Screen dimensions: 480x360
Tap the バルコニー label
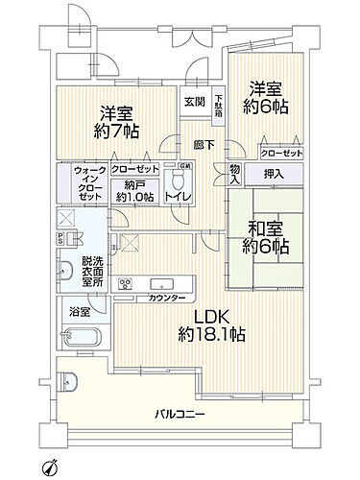click(x=182, y=414)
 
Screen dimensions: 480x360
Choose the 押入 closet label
click(x=273, y=175)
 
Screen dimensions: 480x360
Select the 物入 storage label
click(x=235, y=172)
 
